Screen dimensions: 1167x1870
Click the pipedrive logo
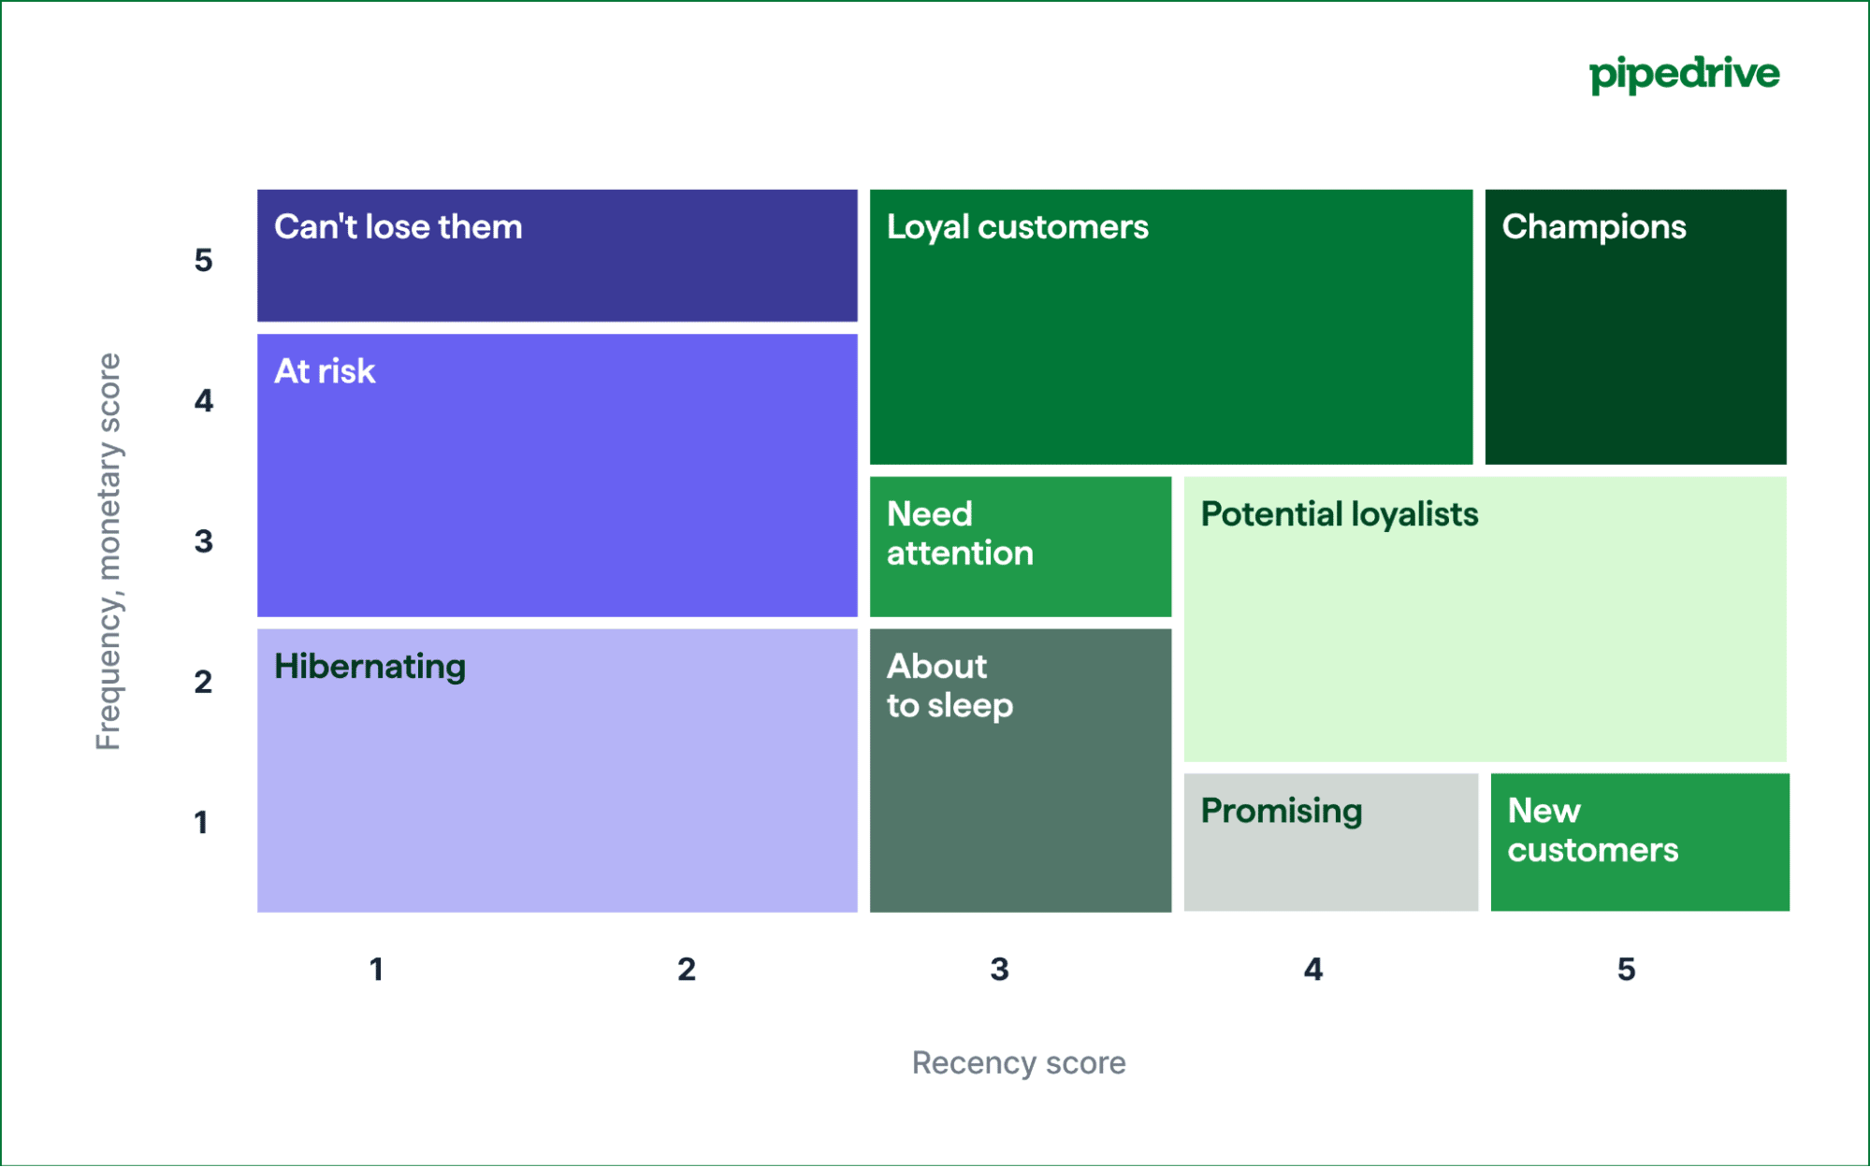1684,74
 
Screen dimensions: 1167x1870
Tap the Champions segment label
1593,227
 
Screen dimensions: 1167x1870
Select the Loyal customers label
1017,227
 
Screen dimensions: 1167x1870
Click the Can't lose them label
398,227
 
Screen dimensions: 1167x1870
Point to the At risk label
325,371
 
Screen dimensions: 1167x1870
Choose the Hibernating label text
370,667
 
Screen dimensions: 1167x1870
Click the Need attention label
959,533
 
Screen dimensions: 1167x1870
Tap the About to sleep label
949,685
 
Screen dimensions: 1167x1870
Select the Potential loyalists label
1339,514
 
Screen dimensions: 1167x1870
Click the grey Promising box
1330,842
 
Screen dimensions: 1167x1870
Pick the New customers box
1639,842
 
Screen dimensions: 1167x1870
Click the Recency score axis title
1018,1063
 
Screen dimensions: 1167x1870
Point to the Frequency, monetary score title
109,552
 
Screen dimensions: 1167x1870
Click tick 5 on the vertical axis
203,260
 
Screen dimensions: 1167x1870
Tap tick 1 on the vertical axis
201,823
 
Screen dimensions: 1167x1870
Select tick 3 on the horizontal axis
999,970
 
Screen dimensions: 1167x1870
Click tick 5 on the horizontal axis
1626,970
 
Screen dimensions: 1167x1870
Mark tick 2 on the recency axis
687,970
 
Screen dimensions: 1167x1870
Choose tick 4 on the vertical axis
203,401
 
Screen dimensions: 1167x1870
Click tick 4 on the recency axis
1312,970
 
